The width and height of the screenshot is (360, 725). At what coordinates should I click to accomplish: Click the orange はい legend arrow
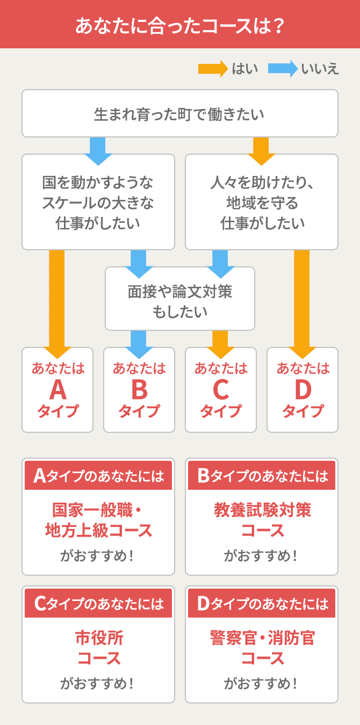click(213, 69)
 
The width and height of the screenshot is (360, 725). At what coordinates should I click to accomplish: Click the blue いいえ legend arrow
click(283, 69)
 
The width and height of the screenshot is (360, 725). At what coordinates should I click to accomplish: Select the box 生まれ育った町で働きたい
click(179, 114)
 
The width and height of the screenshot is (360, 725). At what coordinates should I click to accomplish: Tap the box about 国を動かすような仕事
click(98, 202)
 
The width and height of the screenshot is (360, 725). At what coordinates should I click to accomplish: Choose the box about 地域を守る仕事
click(262, 202)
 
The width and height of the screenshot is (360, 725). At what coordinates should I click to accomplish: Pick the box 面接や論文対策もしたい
click(179, 299)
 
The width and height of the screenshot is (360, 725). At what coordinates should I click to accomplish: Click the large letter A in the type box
click(57, 390)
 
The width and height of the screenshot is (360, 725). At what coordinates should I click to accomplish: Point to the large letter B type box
click(139, 390)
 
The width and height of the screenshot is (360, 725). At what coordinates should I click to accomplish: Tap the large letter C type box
click(221, 390)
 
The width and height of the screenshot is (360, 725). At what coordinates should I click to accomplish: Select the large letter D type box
click(303, 390)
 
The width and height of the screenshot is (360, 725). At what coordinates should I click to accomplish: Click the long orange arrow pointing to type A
click(57, 301)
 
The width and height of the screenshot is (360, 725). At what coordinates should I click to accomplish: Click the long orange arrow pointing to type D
click(302, 301)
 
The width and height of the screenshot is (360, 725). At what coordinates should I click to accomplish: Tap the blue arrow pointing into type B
click(139, 343)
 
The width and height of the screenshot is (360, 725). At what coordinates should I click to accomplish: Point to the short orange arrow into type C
click(220, 343)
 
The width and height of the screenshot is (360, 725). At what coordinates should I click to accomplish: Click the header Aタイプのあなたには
click(98, 476)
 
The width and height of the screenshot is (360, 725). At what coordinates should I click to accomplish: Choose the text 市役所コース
click(98, 648)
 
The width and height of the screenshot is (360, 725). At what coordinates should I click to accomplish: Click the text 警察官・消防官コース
click(262, 648)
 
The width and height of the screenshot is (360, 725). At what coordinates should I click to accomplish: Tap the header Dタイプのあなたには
click(262, 604)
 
